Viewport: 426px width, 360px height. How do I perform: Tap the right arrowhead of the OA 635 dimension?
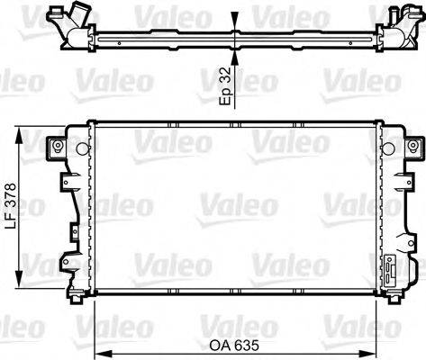pyautogui.click(x=379, y=353)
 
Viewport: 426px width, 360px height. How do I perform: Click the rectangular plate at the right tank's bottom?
pyautogui.click(x=392, y=271)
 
